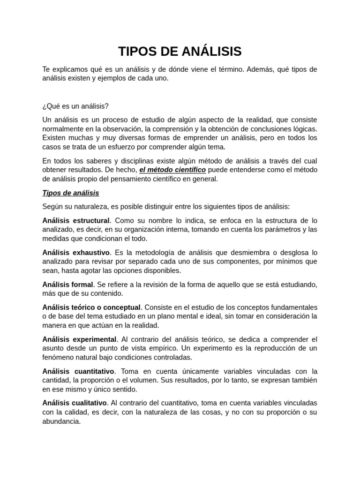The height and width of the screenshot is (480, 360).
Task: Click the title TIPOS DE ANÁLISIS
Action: pyautogui.click(x=180, y=51)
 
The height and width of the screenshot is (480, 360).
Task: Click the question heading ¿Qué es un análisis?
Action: pyautogui.click(x=75, y=106)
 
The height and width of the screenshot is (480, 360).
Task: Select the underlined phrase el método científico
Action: pyautogui.click(x=172, y=170)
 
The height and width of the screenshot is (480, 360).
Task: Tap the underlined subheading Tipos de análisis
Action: pyautogui.click(x=70, y=193)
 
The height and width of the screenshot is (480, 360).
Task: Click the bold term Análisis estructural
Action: pyautogui.click(x=76, y=220)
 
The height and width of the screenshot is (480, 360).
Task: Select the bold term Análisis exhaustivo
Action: pyautogui.click(x=76, y=252)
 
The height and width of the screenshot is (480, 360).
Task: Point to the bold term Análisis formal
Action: pyautogui.click(x=68, y=285)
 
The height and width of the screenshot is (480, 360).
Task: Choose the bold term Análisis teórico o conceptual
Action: pyautogui.click(x=91, y=307)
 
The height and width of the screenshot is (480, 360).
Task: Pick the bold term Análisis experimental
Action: pyautogui.click(x=79, y=339)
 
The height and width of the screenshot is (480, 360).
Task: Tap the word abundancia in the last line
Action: pyautogui.click(x=61, y=421)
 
